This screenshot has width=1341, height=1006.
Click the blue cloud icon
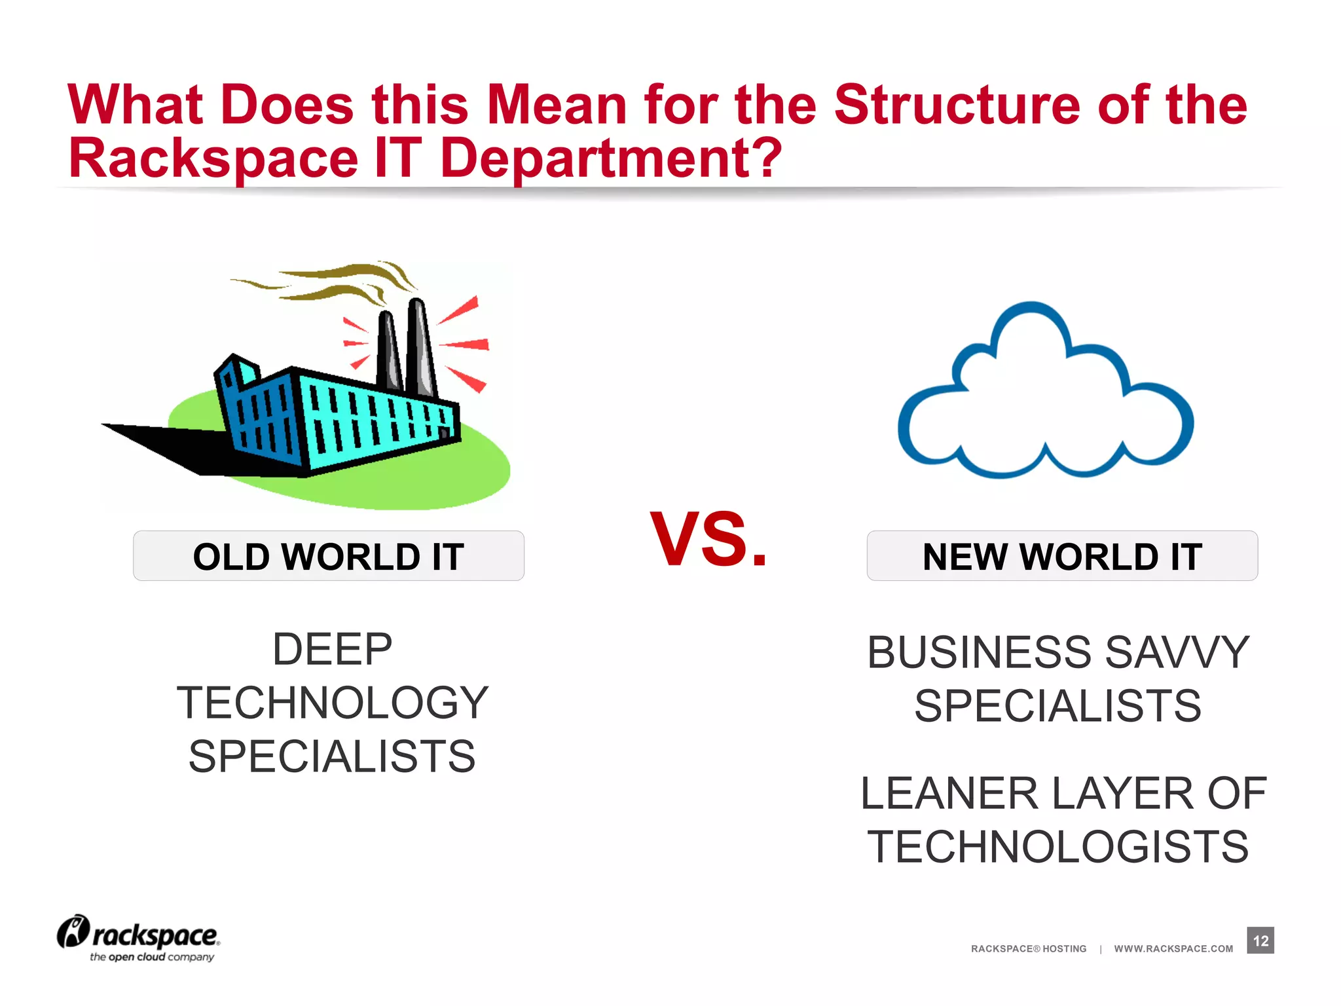(x=1045, y=393)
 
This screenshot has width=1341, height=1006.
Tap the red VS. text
(x=708, y=539)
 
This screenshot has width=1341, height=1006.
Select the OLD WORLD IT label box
(x=328, y=556)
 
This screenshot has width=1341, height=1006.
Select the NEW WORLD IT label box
(x=1061, y=556)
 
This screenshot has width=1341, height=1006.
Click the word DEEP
(x=332, y=650)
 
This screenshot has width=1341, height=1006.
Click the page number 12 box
(x=1260, y=941)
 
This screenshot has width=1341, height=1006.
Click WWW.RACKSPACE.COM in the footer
(x=1173, y=949)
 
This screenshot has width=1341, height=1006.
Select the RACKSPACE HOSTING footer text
(x=1028, y=949)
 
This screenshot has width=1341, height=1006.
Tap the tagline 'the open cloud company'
(x=152, y=958)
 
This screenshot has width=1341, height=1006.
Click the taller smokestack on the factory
(x=420, y=347)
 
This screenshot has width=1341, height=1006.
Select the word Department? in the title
(x=611, y=158)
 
